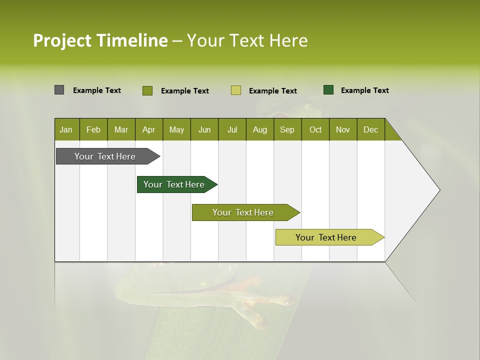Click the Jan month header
[x=66, y=129]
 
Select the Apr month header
[x=148, y=129]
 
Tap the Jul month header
[x=232, y=129]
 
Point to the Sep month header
[x=287, y=129]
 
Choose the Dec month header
[x=370, y=129]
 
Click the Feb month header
[x=93, y=129]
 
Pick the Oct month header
[x=315, y=129]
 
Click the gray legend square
[x=59, y=90]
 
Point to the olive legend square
[x=147, y=90]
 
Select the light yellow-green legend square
[x=236, y=90]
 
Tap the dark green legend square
[x=328, y=90]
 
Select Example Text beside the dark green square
[x=364, y=90]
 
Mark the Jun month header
[x=204, y=129]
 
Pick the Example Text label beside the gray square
[x=97, y=90]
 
